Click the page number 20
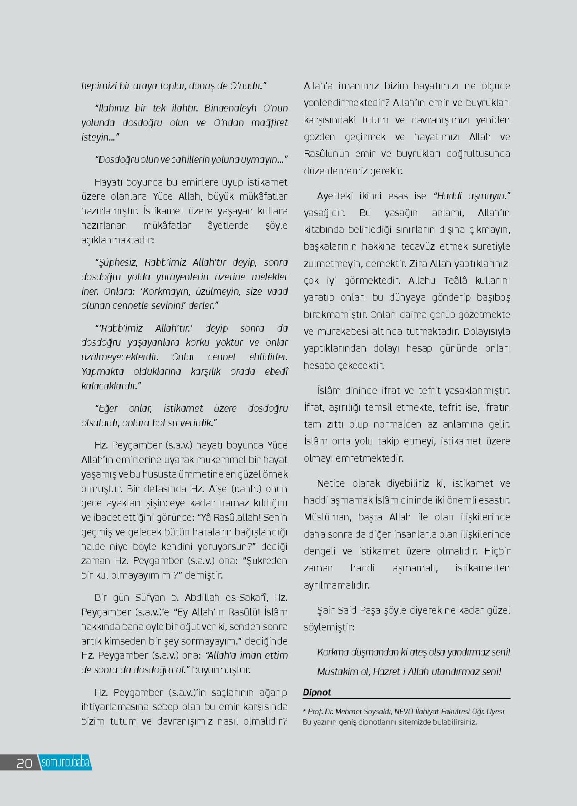(24, 763)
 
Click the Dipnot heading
(317, 692)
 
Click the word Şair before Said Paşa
(327, 610)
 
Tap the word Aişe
(217, 489)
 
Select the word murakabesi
(343, 331)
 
